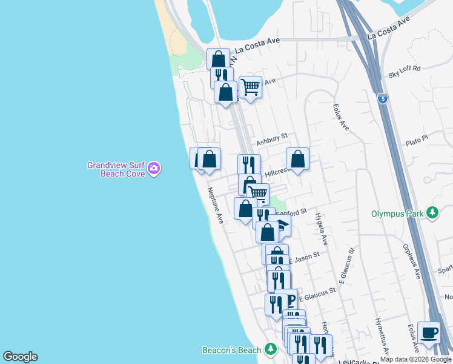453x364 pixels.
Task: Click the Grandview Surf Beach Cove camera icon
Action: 154,168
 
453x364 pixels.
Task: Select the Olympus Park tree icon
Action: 432,213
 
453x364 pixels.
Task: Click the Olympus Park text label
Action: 397,214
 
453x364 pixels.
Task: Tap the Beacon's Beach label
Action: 232,350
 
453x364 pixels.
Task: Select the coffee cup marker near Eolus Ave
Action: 429,332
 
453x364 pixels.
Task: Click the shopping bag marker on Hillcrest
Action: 297,159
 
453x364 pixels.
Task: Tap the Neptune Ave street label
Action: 216,206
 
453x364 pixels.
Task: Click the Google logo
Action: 20,357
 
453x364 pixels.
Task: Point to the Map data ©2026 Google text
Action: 415,359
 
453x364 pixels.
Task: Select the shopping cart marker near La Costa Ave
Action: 250,86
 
